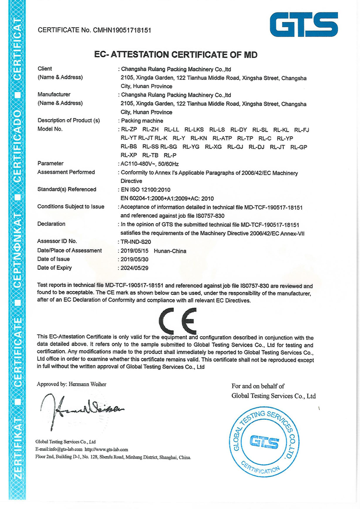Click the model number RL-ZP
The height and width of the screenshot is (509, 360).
(129, 129)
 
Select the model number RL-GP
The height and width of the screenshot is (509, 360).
(299, 146)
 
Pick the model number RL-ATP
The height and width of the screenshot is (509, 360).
(222, 138)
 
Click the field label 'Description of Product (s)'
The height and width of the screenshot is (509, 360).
(68, 121)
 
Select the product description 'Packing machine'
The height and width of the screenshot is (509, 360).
(143, 121)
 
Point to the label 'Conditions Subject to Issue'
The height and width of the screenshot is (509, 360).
(71, 206)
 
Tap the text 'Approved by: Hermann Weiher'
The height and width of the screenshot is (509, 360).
(72, 384)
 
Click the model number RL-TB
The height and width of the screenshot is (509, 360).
(150, 155)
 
